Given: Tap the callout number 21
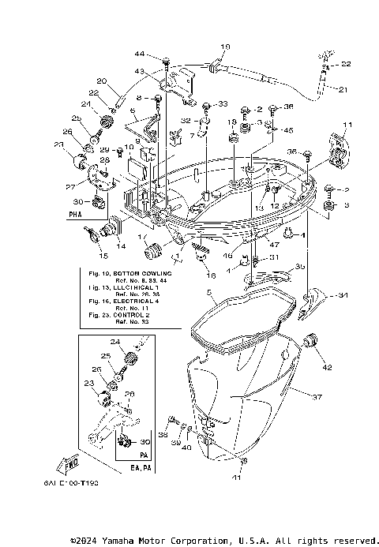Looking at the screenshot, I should (342, 89).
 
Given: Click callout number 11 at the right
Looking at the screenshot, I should (347, 125).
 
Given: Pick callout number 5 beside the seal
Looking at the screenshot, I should (209, 293).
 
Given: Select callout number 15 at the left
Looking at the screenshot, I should (102, 257).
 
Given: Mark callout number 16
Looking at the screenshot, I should (211, 276).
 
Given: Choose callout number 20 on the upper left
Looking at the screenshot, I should (101, 81).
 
